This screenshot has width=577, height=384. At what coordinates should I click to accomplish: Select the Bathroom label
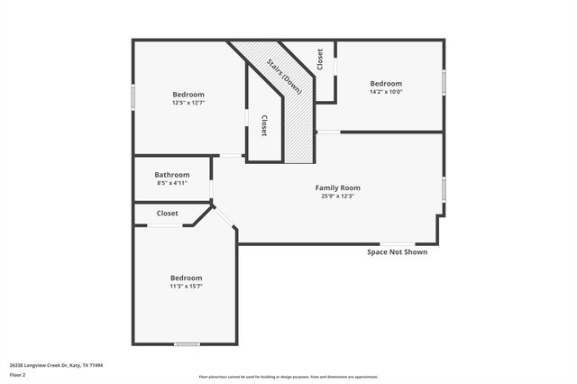[171, 175]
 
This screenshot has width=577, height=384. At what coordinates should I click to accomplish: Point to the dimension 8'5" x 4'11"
[171, 183]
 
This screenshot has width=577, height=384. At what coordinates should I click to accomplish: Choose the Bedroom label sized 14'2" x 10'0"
[386, 82]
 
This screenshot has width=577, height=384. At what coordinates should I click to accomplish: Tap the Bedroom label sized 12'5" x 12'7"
[188, 94]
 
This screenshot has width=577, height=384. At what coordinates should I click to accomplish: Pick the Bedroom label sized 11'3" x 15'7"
[187, 278]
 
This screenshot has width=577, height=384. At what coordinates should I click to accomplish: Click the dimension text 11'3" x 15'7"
[187, 287]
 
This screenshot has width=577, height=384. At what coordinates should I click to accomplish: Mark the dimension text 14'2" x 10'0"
[386, 91]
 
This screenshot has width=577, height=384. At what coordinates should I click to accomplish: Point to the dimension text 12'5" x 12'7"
[188, 103]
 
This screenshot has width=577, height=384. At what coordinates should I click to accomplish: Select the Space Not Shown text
[397, 252]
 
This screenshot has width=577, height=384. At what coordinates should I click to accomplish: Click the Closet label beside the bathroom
[167, 214]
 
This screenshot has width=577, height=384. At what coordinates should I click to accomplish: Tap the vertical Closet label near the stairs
[263, 125]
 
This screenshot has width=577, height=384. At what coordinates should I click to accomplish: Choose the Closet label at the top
[320, 59]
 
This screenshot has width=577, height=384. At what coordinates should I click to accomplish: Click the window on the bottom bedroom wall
[187, 343]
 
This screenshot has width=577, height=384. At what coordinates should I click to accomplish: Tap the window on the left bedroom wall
[133, 96]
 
